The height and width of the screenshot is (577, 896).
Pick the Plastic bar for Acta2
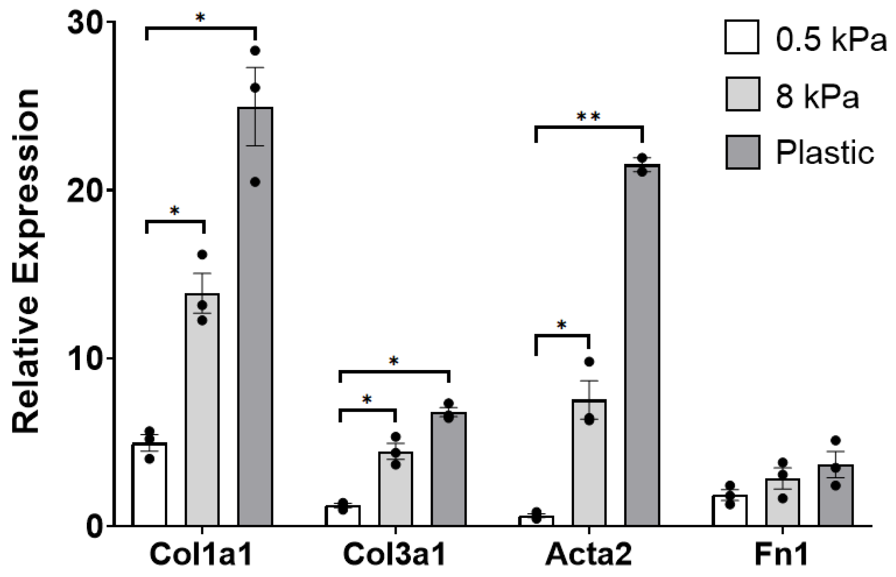point(642,345)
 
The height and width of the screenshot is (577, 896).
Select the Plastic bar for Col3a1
point(449,470)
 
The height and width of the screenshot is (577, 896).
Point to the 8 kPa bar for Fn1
point(782,502)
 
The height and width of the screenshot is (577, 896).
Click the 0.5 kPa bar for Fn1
point(729,511)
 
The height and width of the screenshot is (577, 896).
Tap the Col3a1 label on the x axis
point(394,555)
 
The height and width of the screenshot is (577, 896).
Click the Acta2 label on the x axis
point(589,555)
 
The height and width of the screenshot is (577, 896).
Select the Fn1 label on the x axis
point(782,555)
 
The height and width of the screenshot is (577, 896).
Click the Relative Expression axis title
point(26,261)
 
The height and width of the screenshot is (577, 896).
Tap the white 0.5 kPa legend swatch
point(742,37)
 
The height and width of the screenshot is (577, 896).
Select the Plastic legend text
point(825,152)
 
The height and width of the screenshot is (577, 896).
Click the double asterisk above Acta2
point(589,116)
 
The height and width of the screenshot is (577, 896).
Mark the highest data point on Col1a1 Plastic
point(255,51)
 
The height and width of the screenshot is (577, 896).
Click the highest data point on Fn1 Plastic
point(836,441)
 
